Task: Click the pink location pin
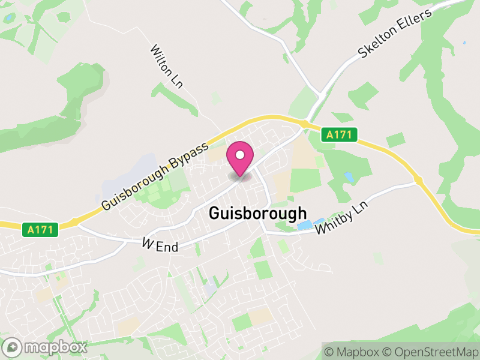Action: click(240, 160)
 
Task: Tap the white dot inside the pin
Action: click(240, 155)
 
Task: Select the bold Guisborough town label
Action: click(258, 214)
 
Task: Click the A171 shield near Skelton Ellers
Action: click(339, 136)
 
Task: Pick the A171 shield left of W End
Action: click(41, 229)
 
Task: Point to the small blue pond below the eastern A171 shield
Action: click(349, 178)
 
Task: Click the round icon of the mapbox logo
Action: click(13, 347)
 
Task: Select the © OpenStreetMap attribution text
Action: click(431, 351)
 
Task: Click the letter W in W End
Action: click(148, 243)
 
